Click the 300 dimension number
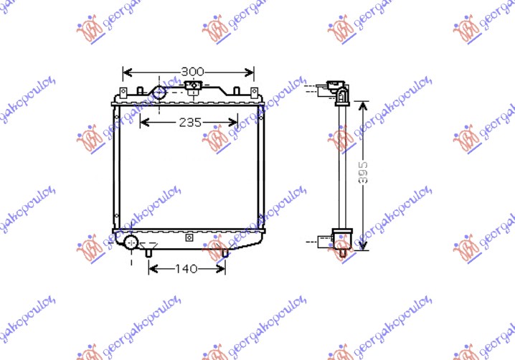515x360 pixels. pos(192,72)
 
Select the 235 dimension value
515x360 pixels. pos(189,122)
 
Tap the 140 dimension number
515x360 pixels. pos(186,269)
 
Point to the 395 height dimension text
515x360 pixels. pos(364,175)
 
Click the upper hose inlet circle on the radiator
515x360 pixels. pos(159,93)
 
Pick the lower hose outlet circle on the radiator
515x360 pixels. pos(131,242)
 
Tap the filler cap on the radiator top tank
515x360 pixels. pos(193,87)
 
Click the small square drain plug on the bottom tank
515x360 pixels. pos(189,237)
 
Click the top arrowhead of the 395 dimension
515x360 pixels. pos(364,105)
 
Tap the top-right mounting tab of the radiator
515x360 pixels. pos(253,93)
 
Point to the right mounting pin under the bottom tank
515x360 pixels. pos(225,252)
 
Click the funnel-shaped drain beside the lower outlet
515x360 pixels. pos(148,250)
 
